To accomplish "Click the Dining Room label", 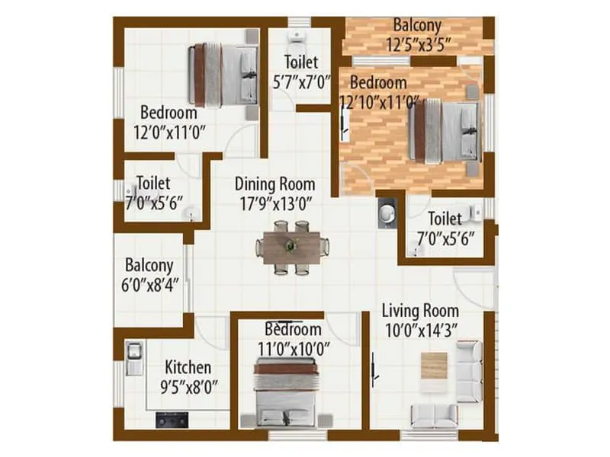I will [x=274, y=184].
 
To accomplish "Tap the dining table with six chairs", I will [x=292, y=247].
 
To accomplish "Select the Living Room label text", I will [x=420, y=310].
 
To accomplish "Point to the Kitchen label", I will [x=188, y=367].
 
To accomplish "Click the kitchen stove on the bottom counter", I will [x=172, y=418].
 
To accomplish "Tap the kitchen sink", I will [x=135, y=351].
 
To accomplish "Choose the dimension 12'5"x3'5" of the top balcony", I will [x=416, y=46].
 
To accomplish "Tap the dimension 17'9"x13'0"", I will [x=274, y=203].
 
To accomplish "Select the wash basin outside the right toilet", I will [x=387, y=212].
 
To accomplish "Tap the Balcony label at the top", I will [x=416, y=25].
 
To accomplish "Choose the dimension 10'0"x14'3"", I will [x=420, y=329].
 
